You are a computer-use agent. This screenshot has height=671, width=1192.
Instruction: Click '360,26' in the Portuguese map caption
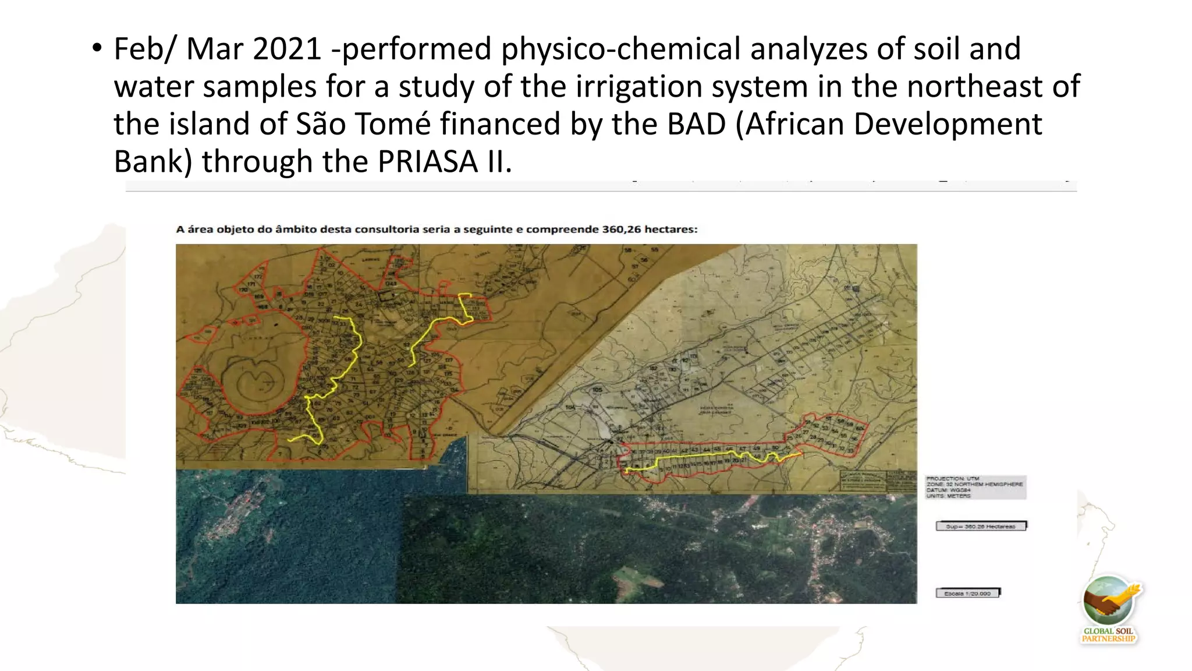[x=621, y=229]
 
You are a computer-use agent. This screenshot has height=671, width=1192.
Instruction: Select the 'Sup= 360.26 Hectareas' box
[x=981, y=526]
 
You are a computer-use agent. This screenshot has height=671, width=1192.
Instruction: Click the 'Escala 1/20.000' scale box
[x=967, y=593]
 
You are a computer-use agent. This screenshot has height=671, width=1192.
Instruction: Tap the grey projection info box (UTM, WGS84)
[x=975, y=487]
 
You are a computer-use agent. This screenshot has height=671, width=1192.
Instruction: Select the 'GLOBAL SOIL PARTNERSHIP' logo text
[x=1108, y=635]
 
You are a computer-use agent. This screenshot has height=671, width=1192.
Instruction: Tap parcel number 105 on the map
[x=597, y=389]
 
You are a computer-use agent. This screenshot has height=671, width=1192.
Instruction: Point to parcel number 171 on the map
[x=251, y=284]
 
